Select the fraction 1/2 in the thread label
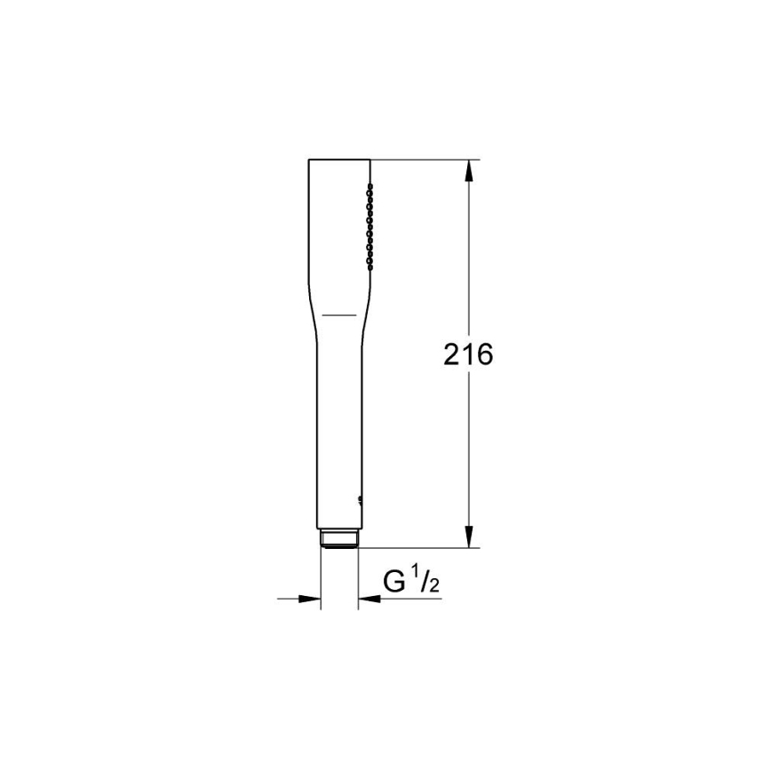tap(424, 581)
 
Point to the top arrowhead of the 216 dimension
tap(468, 170)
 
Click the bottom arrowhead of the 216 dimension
tap(468, 538)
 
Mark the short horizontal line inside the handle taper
tap(338, 314)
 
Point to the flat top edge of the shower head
tap(338, 161)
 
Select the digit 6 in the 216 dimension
tap(483, 355)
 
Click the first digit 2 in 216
tap(452, 355)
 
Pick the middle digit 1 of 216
tap(467, 355)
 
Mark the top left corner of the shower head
tap(309, 162)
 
